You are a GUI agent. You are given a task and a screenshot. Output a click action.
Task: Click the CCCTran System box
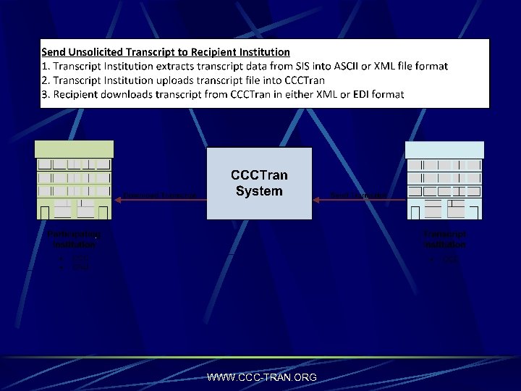(x=259, y=183)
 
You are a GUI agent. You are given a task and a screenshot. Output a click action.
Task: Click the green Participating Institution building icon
(x=75, y=180)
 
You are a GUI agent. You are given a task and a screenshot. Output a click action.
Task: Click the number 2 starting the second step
(x=45, y=80)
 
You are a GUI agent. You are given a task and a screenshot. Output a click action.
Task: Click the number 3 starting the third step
(x=45, y=94)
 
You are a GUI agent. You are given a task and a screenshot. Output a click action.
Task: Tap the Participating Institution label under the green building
(x=75, y=240)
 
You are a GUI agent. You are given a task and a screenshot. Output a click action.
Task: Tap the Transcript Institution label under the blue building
(x=444, y=240)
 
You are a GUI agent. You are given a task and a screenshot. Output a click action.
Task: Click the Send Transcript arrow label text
(x=357, y=195)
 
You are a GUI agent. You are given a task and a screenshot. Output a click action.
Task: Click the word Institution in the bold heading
(x=264, y=52)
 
